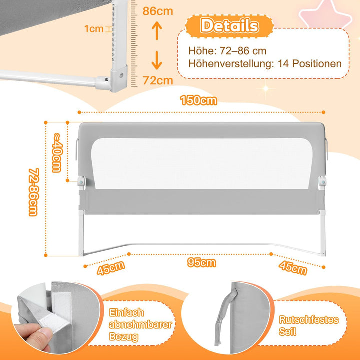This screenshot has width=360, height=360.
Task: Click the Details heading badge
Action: tap(229, 26)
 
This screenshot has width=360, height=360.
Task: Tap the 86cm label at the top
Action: tap(158, 11)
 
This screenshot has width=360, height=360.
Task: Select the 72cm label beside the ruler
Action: tap(158, 80)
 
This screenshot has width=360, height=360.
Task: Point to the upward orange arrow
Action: tap(157, 30)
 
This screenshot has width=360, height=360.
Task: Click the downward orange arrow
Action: tap(157, 60)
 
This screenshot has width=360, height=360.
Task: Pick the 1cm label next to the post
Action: tap(94, 29)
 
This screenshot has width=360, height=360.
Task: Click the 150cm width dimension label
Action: tap(198, 100)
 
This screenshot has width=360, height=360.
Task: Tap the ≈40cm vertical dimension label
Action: tap(57, 152)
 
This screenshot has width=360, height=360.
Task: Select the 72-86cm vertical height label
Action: tap(34, 192)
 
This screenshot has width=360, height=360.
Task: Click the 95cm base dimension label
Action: tap(202, 262)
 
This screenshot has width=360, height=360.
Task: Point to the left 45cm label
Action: tap(111, 268)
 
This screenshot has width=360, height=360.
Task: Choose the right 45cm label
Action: tap(293, 268)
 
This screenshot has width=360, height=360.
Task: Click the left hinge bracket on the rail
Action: tap(81, 182)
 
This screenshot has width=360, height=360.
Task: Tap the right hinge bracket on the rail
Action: tap(322, 182)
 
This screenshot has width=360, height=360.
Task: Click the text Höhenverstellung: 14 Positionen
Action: tap(265, 64)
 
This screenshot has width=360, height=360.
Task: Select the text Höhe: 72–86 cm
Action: tap(227, 51)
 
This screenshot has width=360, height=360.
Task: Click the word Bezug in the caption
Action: tap(124, 336)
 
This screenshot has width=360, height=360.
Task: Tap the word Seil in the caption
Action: tap(287, 331)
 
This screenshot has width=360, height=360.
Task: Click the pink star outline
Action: tap(326, 14)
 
